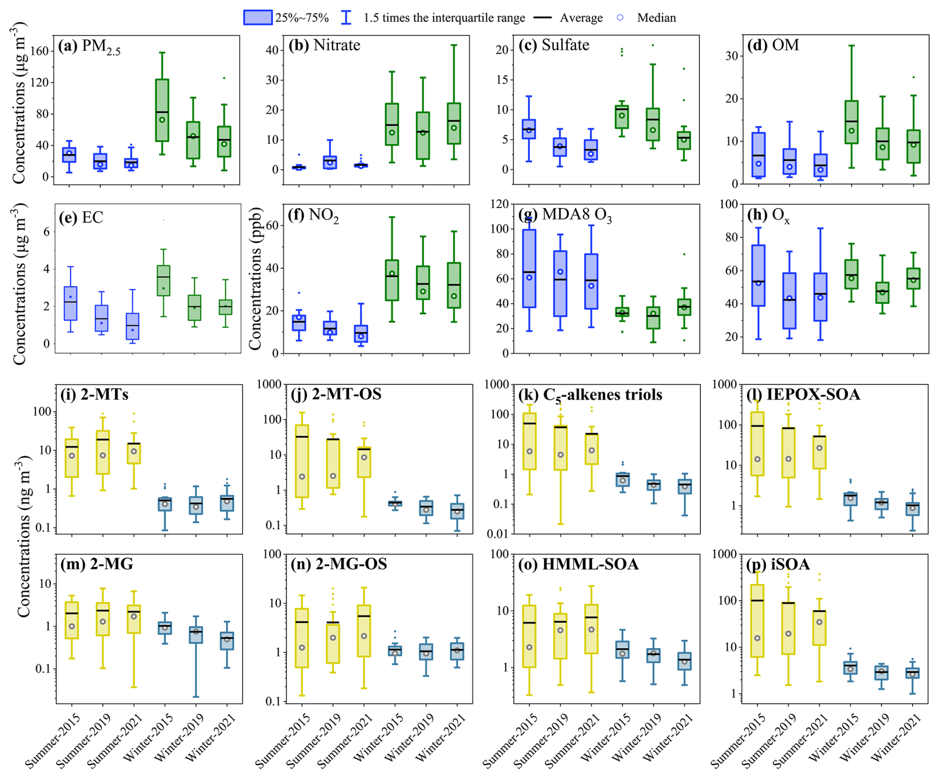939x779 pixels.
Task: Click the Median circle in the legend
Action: [620, 17]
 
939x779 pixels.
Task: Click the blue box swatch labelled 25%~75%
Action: [258, 17]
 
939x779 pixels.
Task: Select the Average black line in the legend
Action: [542, 17]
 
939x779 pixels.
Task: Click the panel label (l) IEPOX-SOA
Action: [804, 394]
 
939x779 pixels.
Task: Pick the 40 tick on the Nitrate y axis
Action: [271, 50]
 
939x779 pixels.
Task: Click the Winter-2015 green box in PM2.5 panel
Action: [162, 110]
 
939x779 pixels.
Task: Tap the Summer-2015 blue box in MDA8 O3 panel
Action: [529, 268]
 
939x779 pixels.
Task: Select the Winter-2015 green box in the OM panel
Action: [852, 122]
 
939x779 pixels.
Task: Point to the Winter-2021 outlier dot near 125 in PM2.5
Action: [224, 78]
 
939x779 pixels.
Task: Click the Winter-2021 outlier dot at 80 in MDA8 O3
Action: [684, 254]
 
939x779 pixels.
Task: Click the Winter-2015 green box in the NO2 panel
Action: [392, 280]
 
